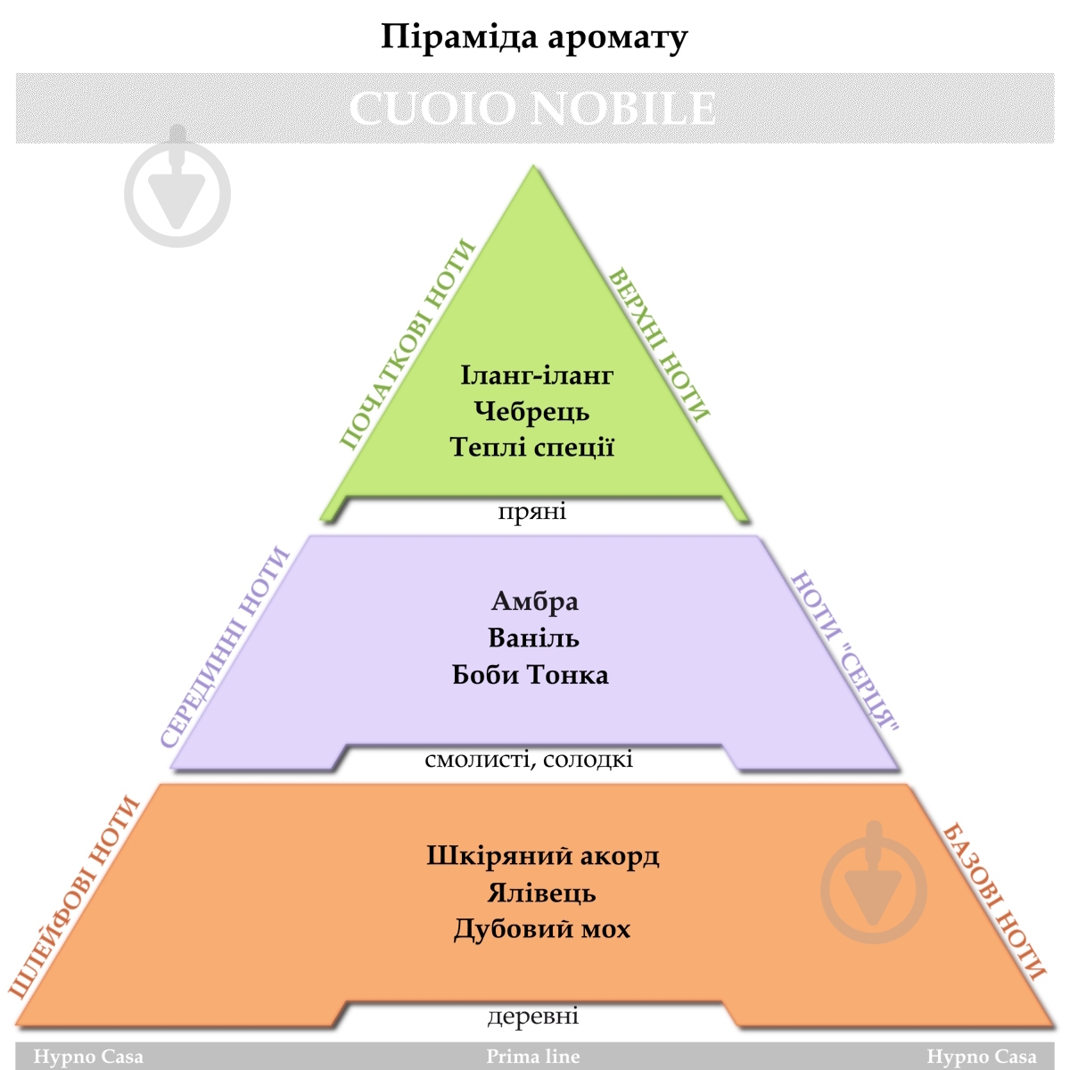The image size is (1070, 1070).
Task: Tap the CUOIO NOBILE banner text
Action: click(532, 108)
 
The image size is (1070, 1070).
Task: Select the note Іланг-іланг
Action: click(537, 374)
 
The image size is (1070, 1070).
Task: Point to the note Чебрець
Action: click(532, 411)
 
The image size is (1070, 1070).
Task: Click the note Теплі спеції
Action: click(532, 446)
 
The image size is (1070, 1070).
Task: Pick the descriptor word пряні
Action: click(532, 512)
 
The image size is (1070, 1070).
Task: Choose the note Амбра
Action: click(535, 601)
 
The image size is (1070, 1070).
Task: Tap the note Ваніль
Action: click(533, 638)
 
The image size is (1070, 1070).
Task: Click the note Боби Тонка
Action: click(531, 674)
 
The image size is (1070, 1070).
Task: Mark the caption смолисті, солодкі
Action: click(529, 760)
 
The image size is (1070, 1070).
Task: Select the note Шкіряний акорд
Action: click(542, 856)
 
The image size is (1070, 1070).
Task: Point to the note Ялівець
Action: click(541, 893)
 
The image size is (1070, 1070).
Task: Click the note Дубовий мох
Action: click(541, 929)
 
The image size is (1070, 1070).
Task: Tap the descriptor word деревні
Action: click(532, 1016)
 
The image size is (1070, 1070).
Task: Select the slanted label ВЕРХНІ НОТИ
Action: click(659, 344)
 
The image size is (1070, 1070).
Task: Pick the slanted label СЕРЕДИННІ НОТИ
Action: click(226, 647)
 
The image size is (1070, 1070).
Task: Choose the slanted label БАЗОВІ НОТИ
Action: click(992, 901)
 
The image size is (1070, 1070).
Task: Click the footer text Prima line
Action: click(532, 1057)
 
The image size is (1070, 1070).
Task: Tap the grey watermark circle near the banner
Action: click(177, 192)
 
